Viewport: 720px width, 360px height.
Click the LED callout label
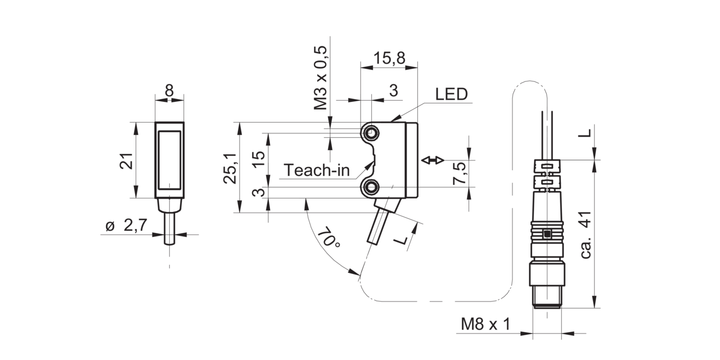pos(451,94)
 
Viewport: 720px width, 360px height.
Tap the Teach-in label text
pos(317,170)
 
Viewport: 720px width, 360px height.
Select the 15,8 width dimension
pos(389,58)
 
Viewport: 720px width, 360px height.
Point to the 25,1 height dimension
pos(230,168)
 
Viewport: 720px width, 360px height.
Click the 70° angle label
pos(329,237)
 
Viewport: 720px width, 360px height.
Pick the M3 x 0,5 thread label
pos(320,78)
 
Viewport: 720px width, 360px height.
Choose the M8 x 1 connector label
pos(485,325)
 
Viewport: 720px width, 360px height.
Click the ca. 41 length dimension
pos(586,235)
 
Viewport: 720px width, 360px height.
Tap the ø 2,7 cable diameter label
pos(126,226)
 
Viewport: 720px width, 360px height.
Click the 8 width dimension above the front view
pos(169,91)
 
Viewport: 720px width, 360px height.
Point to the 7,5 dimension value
pos(459,173)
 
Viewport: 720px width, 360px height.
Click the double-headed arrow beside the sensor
pos(433,160)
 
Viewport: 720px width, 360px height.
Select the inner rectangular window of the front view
pos(169,160)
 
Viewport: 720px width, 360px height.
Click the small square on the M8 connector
pos(546,234)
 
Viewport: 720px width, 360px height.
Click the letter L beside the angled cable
pos(401,240)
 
